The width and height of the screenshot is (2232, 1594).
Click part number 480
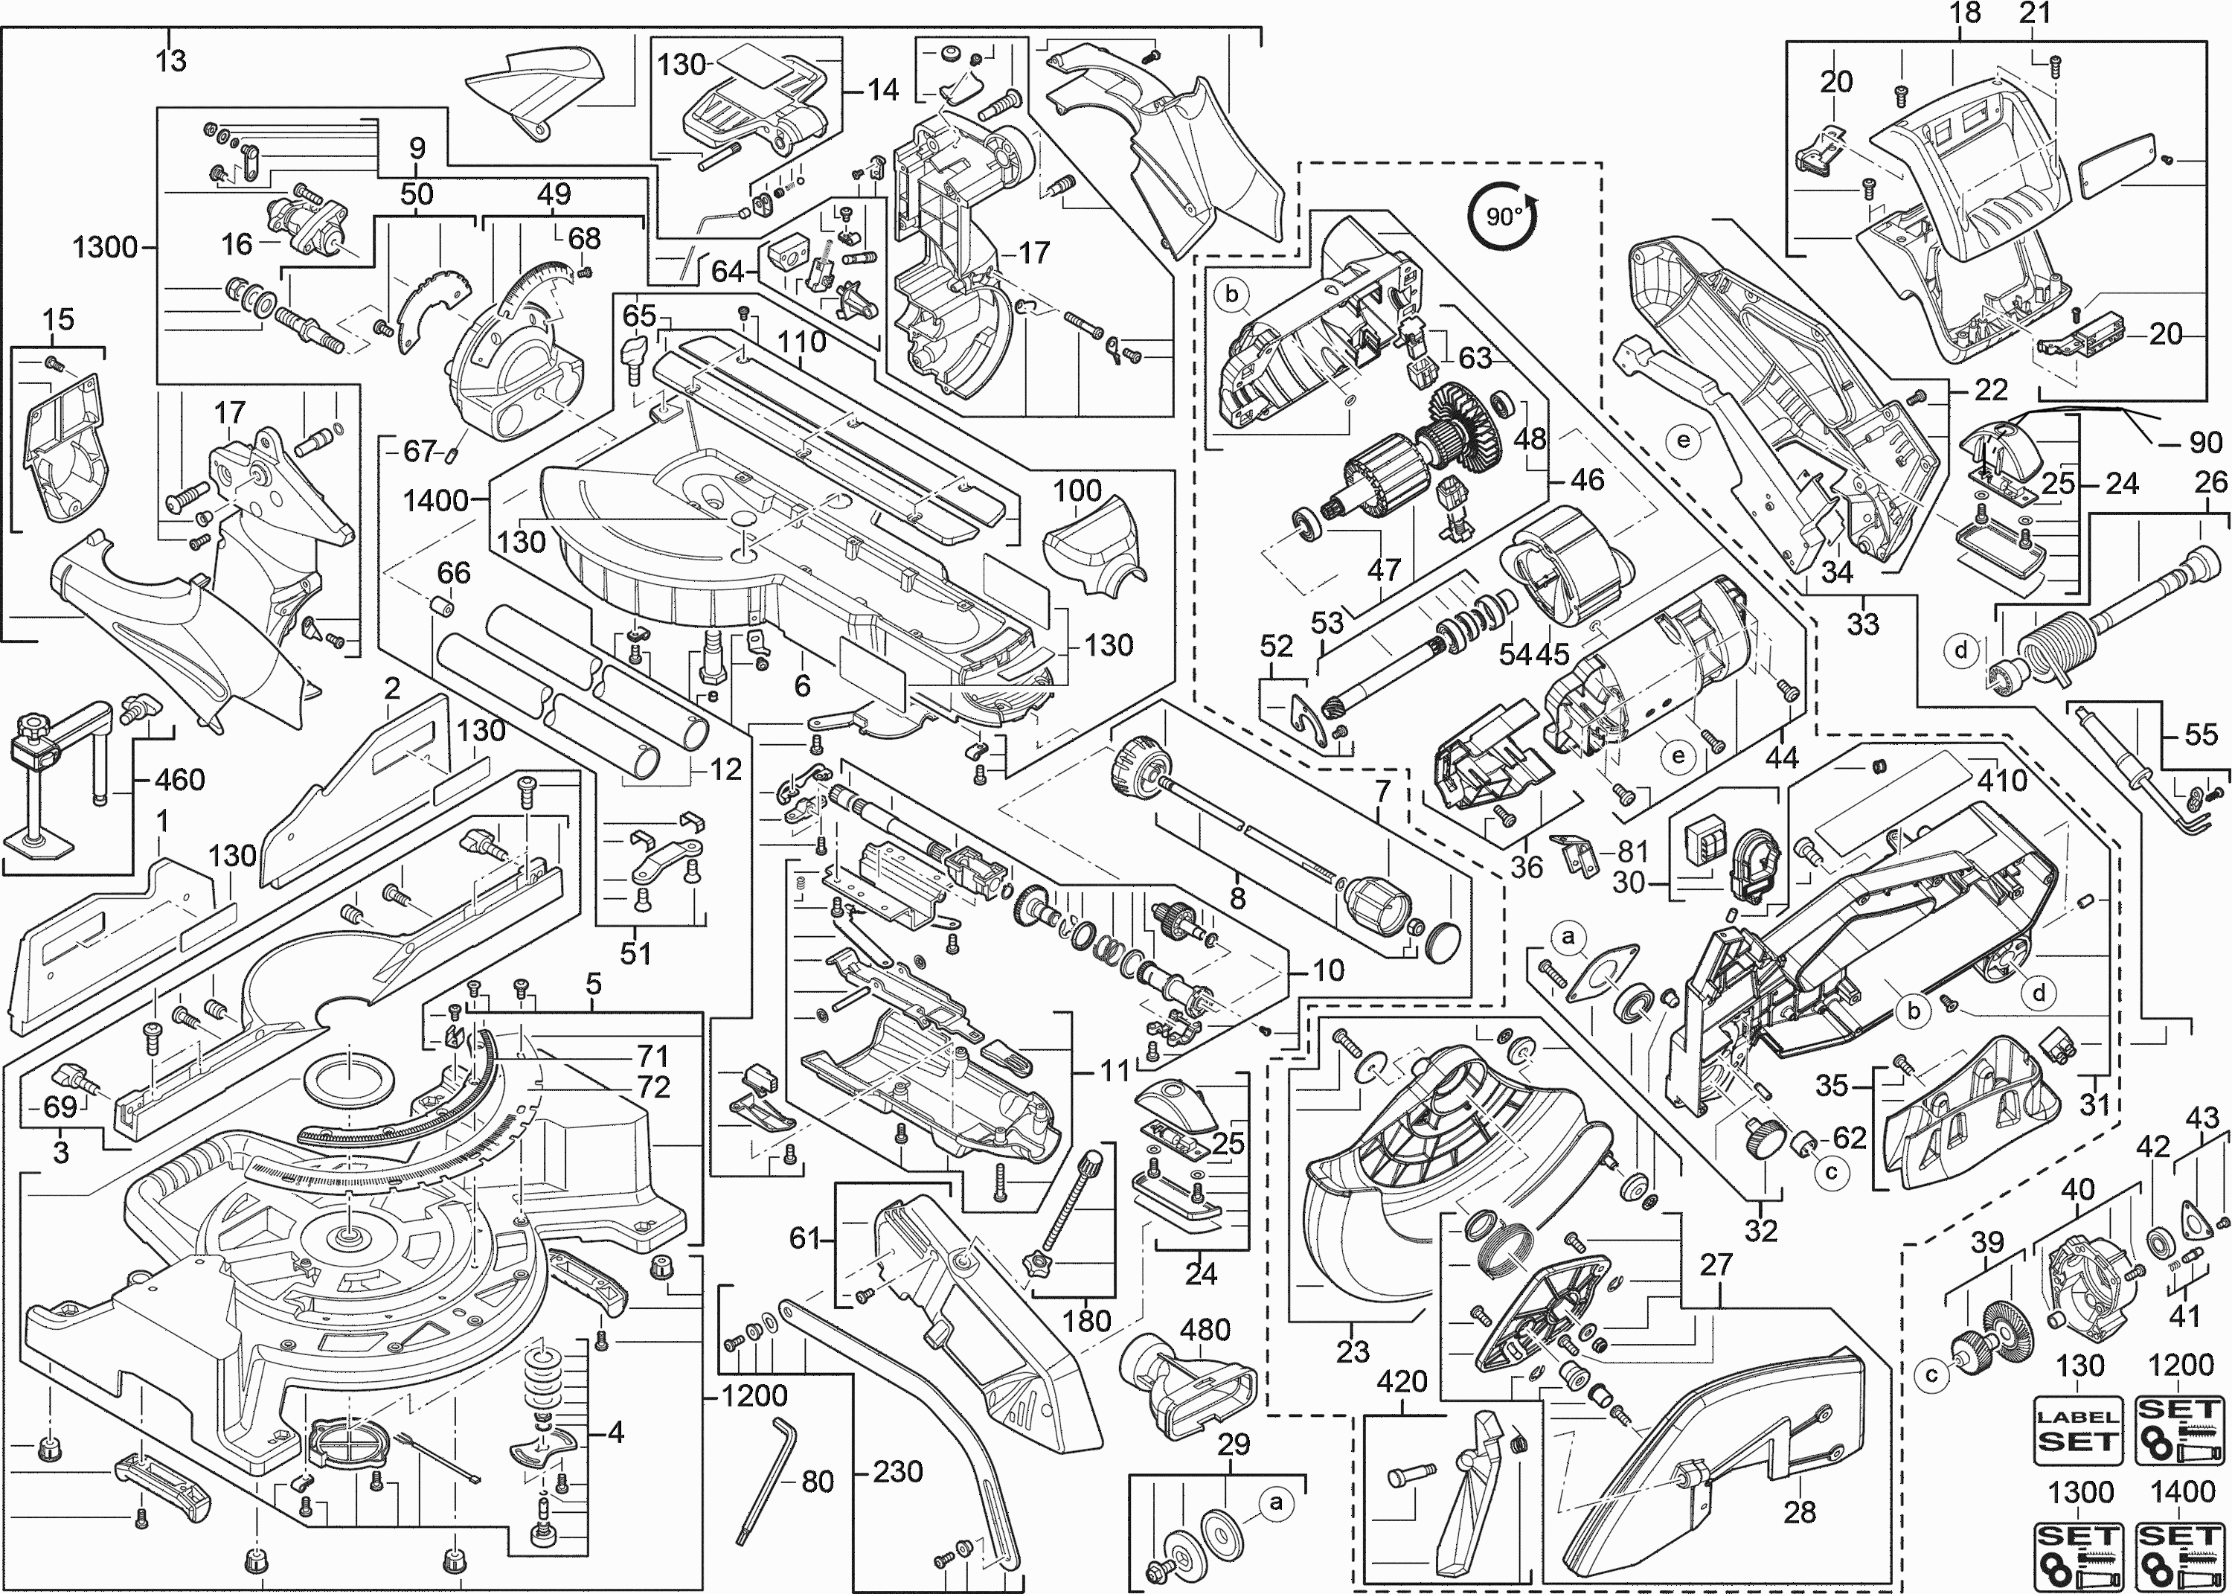[1205, 1330]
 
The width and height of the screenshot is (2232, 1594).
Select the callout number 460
[181, 781]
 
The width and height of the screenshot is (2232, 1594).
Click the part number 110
[801, 342]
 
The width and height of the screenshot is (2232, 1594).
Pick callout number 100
[1077, 490]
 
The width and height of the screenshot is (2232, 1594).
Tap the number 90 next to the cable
[2205, 443]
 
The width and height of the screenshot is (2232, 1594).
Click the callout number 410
[2001, 781]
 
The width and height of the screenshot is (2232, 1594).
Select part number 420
[1401, 1382]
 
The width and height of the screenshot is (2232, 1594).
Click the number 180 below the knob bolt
[1086, 1320]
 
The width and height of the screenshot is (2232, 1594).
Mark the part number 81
[1632, 851]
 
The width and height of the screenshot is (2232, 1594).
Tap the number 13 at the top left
[170, 61]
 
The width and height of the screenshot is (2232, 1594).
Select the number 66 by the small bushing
[453, 572]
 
